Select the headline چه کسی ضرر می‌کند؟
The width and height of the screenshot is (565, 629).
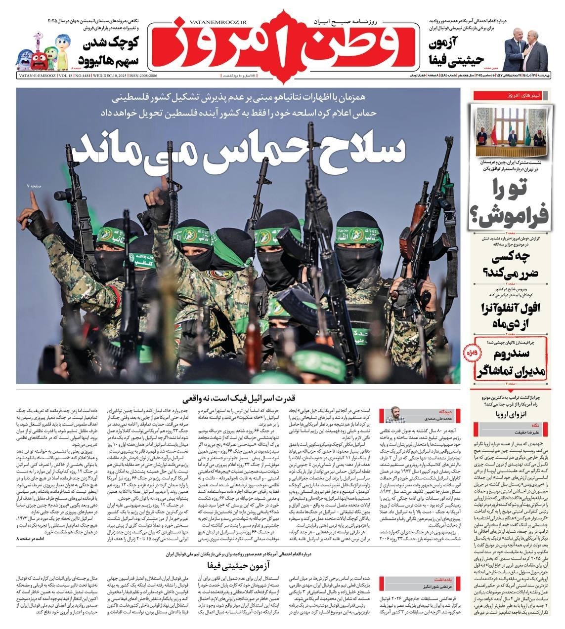(x=514, y=263)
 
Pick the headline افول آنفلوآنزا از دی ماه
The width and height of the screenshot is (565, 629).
(x=514, y=314)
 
